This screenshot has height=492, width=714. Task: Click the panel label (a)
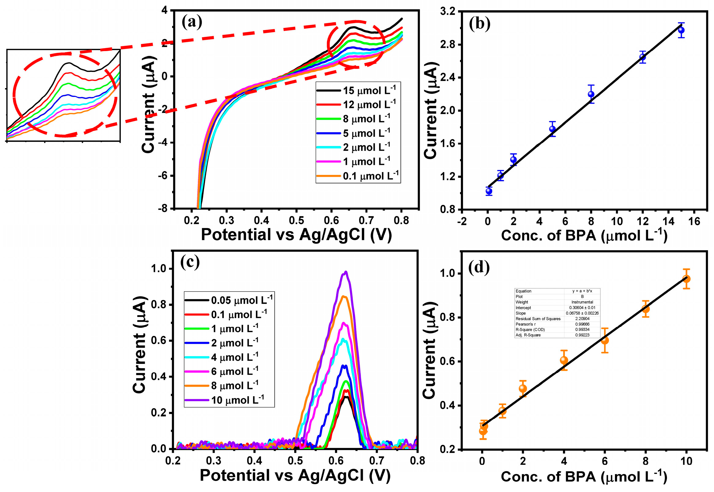192,22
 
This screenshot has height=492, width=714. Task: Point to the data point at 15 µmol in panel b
681,30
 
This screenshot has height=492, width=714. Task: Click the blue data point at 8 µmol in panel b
591,94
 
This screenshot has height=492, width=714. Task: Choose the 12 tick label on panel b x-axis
642,221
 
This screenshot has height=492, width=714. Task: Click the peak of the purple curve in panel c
346,272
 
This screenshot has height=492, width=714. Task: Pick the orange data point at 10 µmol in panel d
686,279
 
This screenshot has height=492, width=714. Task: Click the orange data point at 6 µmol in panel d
605,340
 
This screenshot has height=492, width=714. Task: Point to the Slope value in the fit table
582,313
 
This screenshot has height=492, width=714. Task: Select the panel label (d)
479,268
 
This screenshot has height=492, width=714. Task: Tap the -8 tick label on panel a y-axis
162,209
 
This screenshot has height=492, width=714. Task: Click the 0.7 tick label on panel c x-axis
377,461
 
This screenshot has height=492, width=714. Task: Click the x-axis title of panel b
584,236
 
